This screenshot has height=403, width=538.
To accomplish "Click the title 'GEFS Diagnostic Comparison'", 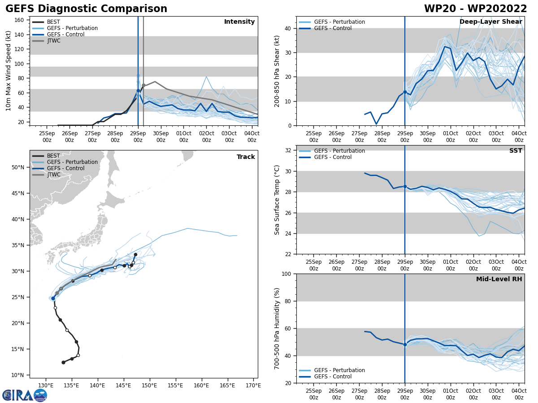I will (x=86, y=9).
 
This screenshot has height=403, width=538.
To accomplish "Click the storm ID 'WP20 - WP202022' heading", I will (x=475, y=9).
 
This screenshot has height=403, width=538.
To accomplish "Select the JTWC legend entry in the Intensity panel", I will (x=53, y=41).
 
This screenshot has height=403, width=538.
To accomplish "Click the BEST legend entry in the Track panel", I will (x=53, y=156).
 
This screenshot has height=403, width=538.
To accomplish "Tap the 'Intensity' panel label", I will (x=239, y=22).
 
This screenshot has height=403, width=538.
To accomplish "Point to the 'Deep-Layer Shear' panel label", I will (x=490, y=22).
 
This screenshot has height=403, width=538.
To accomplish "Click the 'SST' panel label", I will (x=516, y=151).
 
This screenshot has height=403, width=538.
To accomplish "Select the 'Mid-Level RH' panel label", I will (x=499, y=279).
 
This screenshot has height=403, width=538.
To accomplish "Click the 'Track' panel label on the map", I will (x=246, y=157).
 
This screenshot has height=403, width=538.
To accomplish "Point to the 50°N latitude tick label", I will (x=17, y=167).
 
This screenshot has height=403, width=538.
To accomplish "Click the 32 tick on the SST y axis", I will (x=286, y=150).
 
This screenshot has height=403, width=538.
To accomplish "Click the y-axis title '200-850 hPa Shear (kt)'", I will (x=277, y=71).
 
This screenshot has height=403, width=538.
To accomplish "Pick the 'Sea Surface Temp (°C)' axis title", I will (x=277, y=200).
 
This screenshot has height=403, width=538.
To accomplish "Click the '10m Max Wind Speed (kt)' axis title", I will (x=9, y=71).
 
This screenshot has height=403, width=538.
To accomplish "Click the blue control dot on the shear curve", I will (x=405, y=92).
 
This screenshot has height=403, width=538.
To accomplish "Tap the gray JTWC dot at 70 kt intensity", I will (x=143, y=86).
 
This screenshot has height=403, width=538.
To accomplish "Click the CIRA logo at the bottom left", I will (x=24, y=395).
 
